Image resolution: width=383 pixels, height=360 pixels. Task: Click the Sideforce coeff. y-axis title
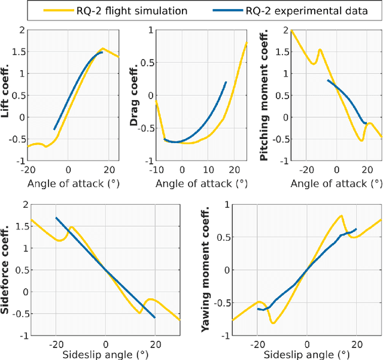tap(8, 270)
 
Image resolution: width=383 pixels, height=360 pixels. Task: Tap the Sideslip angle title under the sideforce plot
tap(105, 353)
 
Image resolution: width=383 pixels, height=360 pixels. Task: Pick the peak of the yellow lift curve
tap(103, 49)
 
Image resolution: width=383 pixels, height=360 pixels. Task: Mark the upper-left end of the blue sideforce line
tap(56, 217)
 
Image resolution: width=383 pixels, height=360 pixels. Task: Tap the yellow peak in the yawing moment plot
tap(341, 216)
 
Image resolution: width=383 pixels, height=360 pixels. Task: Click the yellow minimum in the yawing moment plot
tap(273, 323)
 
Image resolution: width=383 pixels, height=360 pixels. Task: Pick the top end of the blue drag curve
tap(226, 82)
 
